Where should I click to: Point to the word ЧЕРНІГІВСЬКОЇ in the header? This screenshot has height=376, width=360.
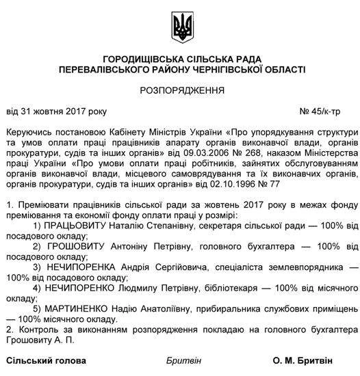(x=237, y=69)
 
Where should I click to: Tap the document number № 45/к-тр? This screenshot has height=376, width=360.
(x=324, y=109)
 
